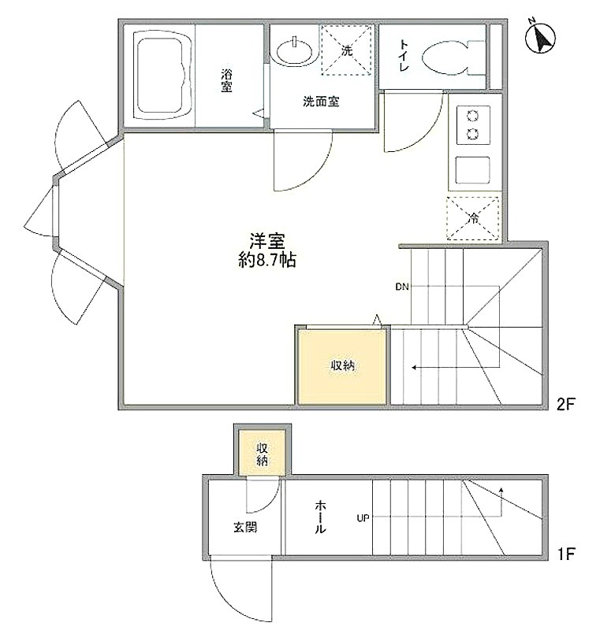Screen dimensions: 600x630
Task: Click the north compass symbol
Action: coord(541,38)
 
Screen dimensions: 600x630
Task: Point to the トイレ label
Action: coord(404,55)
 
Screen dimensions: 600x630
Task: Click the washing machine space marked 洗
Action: coord(346,50)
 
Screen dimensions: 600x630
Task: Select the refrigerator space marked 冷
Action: coord(473,218)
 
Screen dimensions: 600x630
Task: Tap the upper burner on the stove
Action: coord(472,117)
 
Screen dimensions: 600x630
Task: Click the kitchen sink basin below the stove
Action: coord(472,169)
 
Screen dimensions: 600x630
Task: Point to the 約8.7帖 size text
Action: coord(267,261)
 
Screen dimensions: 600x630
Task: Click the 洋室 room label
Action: coord(267,242)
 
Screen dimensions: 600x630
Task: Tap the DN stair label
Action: coord(402,287)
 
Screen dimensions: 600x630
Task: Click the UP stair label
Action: coord(363,518)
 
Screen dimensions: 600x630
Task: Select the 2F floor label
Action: coord(566,404)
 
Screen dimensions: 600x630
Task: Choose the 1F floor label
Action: coord(566,554)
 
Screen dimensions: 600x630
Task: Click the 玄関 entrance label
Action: coord(245,527)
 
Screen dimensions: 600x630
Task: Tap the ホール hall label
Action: coord(319,517)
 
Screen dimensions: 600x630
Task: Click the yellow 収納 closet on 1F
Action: coord(263,453)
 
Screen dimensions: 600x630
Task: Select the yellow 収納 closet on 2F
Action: coord(343,366)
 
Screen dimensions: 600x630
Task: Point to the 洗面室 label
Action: coord(321,102)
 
